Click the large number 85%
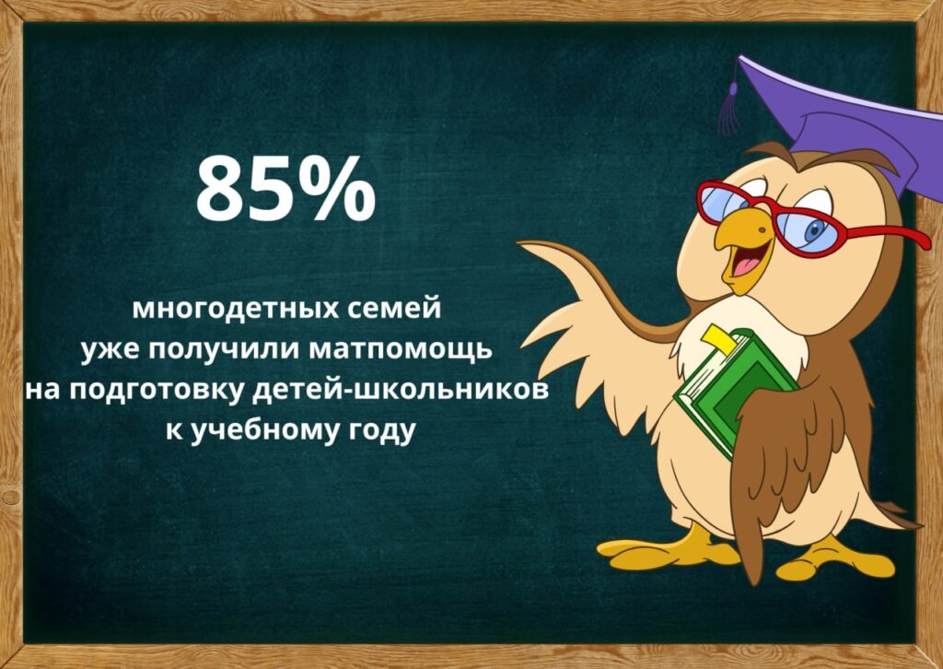286,189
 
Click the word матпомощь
400,351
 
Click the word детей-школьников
402,390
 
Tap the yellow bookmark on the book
720,339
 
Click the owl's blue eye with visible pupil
815,229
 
